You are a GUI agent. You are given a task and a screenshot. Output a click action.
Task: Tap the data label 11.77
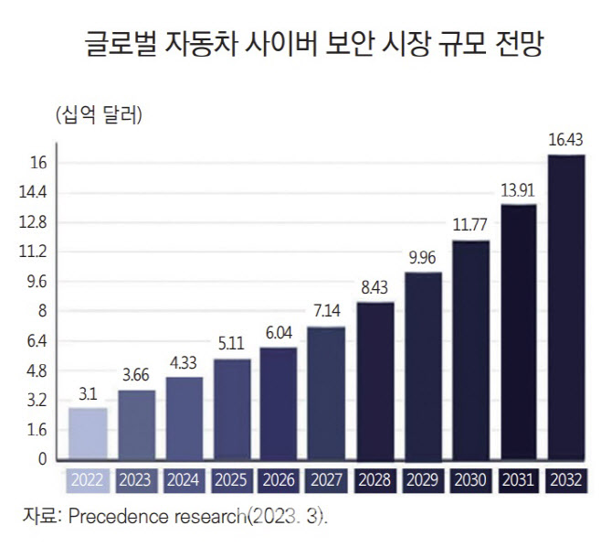click(470, 225)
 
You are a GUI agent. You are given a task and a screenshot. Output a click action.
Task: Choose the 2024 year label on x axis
click(183, 479)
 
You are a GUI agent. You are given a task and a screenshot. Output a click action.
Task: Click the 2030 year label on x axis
click(470, 479)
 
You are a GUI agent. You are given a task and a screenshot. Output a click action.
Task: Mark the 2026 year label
click(279, 479)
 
